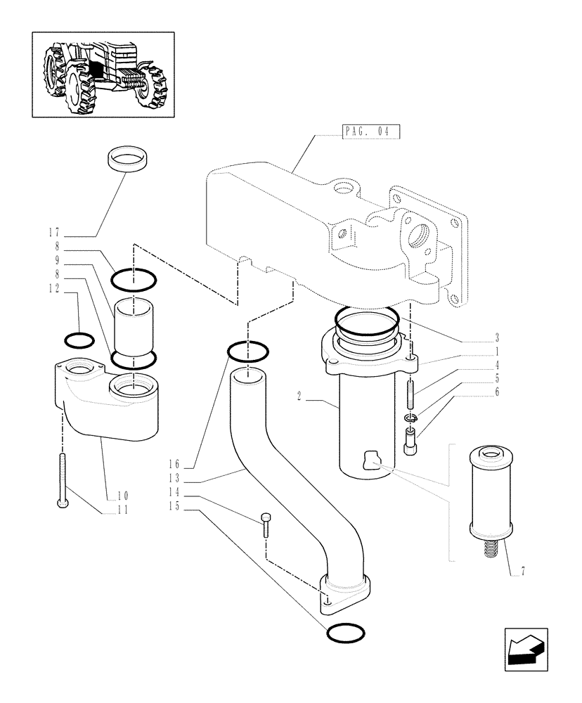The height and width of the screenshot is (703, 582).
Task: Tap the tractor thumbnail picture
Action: (x=103, y=73)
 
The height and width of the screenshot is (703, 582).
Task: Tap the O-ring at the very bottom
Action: (x=345, y=633)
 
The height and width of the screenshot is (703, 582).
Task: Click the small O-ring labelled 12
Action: (x=79, y=340)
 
